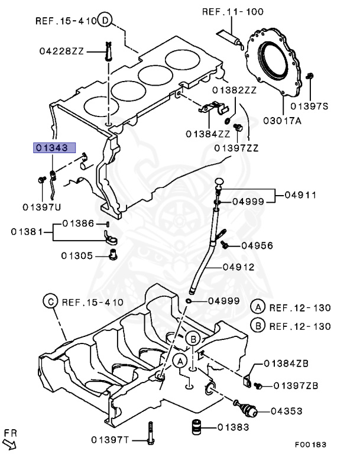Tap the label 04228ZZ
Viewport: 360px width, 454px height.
(x=61, y=52)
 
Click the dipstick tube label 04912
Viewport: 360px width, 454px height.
(x=239, y=267)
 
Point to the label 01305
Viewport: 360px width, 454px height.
(x=77, y=255)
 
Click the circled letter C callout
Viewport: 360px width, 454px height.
(x=51, y=301)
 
